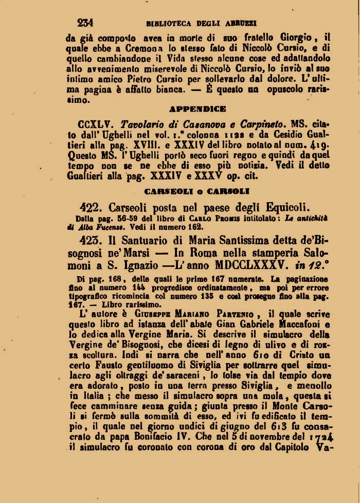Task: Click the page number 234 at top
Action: click(85, 23)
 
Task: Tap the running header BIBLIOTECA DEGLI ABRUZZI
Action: click(202, 23)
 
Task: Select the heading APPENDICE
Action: click(197, 109)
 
